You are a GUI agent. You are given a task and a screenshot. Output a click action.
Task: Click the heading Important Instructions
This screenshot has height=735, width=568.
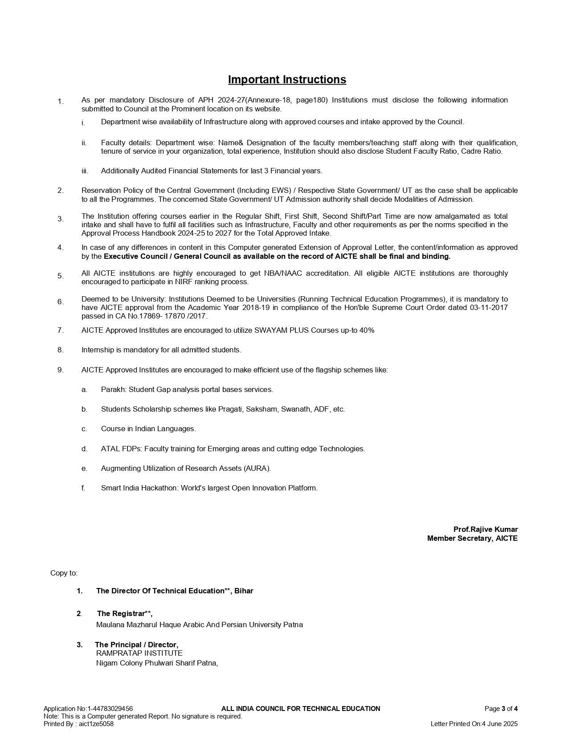point(287,79)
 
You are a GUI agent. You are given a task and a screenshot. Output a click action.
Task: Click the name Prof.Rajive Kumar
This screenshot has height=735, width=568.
point(485,529)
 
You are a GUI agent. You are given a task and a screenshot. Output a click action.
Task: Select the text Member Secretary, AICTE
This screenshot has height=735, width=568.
point(472,538)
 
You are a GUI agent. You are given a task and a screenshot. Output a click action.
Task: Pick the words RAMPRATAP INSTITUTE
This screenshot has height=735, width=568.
point(139,653)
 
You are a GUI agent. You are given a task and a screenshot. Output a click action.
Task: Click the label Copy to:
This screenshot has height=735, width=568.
point(64,573)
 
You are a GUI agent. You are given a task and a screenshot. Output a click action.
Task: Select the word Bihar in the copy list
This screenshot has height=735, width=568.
point(244,591)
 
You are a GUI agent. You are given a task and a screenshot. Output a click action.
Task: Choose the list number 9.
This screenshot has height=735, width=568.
point(61,370)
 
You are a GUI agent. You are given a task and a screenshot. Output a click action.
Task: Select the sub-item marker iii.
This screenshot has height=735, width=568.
point(85,171)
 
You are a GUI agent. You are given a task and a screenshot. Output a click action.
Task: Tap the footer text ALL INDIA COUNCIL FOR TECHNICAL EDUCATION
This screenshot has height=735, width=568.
point(301,709)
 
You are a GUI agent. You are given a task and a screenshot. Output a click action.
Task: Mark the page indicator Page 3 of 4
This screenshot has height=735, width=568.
point(501,709)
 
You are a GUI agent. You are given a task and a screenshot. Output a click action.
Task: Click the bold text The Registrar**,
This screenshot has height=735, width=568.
point(125,613)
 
